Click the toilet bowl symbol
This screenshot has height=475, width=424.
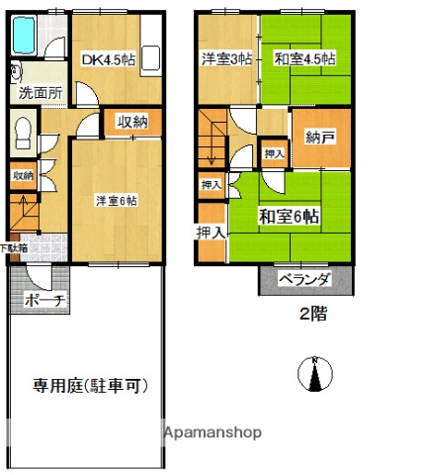[22, 131]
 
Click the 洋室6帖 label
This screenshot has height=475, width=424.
[116, 201]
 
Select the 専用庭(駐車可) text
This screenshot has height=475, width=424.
[84, 385]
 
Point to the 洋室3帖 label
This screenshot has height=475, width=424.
[226, 58]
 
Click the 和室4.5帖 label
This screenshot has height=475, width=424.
[305, 58]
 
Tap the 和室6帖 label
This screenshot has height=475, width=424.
[290, 216]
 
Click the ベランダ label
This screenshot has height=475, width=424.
[303, 280]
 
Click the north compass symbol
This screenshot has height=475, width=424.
[313, 375]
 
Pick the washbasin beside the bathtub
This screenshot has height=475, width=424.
[16, 72]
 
